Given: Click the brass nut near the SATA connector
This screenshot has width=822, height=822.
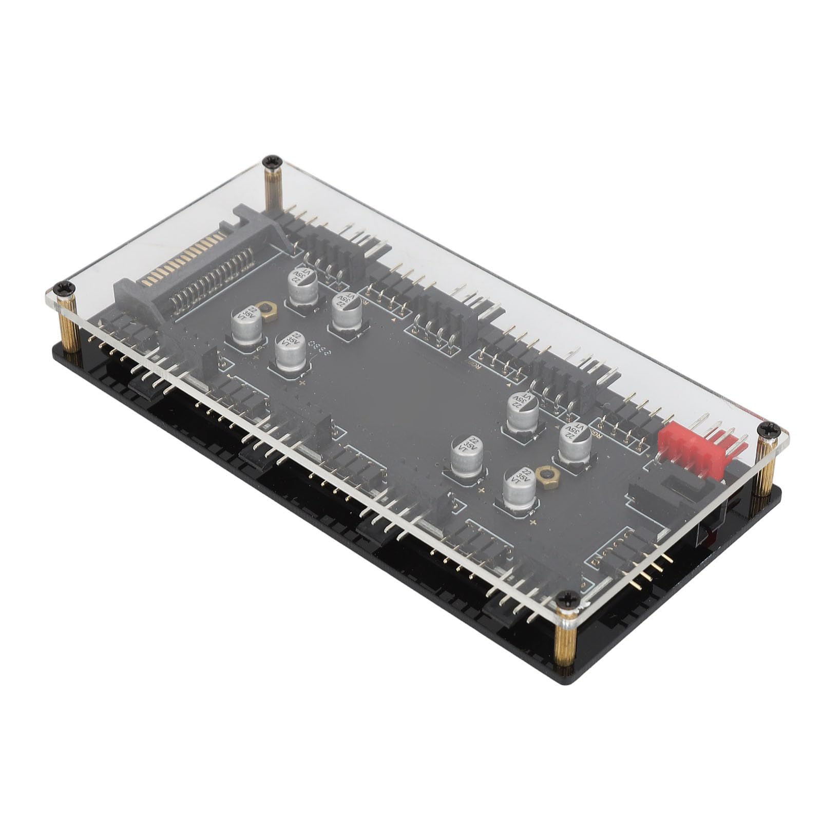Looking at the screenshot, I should tap(265, 308).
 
